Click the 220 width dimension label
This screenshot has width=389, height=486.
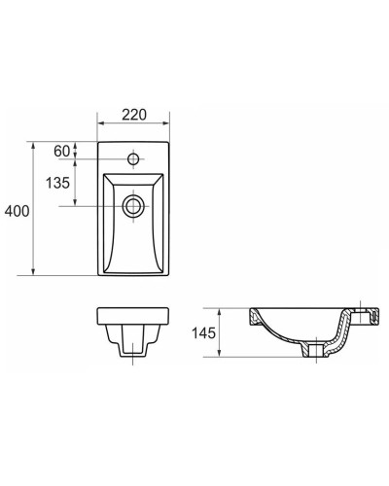coord(134,115)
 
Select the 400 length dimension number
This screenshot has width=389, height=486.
coord(17,211)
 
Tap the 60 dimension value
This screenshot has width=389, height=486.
coord(61,151)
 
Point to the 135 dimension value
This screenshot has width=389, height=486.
coord(57,183)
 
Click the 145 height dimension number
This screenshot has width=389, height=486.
coord(203,332)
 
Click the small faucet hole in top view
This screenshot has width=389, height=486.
coord(133,159)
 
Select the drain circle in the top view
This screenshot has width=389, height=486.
coord(133,206)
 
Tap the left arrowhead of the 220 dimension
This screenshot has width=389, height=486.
coord(101,123)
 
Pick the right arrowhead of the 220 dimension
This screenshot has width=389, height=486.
coord(165,123)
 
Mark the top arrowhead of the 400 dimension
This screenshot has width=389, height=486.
coord(33,146)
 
